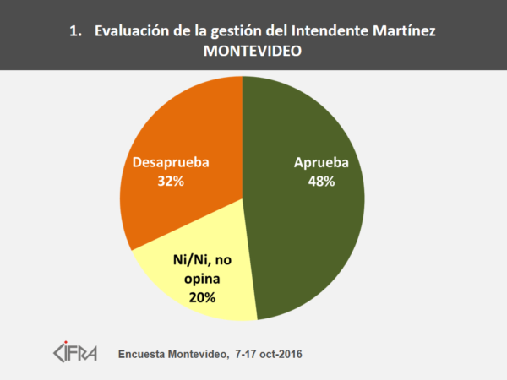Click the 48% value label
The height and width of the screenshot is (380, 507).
tap(321, 181)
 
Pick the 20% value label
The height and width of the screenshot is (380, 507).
tap(202, 297)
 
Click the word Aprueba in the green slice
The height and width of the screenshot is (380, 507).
tap(321, 162)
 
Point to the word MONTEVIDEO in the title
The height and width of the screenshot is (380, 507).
tap(253, 51)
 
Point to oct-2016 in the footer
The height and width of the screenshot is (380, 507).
tap(284, 351)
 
